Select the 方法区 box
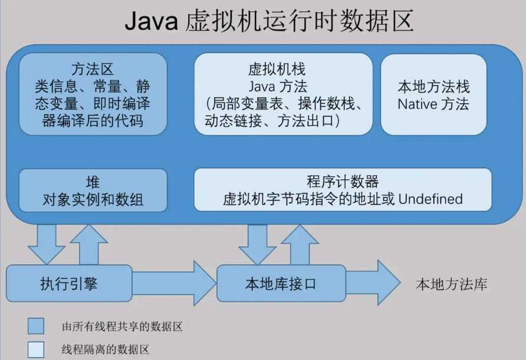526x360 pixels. click(93, 93)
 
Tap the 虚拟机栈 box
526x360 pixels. click(283, 93)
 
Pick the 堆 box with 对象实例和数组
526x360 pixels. click(93, 190)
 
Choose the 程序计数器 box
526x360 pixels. click(343, 189)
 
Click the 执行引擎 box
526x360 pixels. click(70, 284)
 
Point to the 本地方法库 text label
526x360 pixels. click(452, 284)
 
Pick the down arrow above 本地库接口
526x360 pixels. click(257, 242)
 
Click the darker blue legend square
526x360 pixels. click(36, 326)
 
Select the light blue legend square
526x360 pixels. click(36, 349)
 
